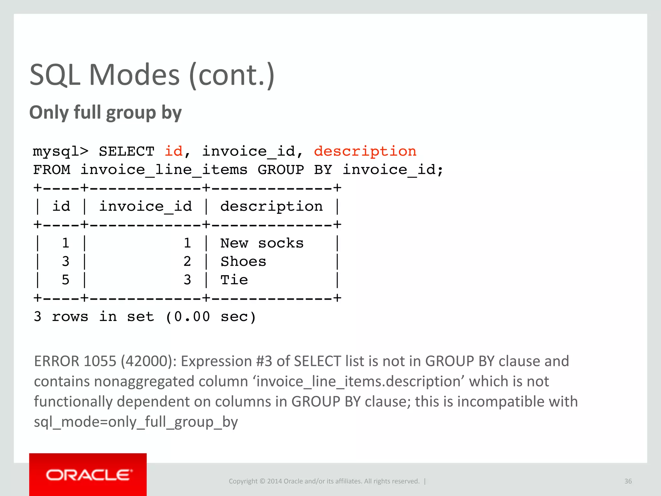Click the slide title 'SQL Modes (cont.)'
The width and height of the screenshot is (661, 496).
(x=152, y=75)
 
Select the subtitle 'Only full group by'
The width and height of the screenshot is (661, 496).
(x=105, y=113)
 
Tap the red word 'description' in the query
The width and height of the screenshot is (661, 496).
(x=365, y=151)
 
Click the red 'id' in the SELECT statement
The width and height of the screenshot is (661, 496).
(x=174, y=151)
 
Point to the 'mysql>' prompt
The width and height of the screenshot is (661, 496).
(x=60, y=151)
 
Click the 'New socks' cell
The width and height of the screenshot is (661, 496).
(x=262, y=243)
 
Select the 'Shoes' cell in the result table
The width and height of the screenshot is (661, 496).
(x=243, y=262)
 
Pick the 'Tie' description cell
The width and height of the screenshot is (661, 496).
(x=234, y=280)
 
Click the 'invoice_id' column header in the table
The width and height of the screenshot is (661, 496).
(x=145, y=206)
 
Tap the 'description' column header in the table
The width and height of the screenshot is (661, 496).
(x=271, y=206)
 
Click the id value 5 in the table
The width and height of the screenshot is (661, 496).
(x=66, y=280)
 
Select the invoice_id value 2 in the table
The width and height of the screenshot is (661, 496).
(x=187, y=262)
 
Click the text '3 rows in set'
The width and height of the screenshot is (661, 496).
(x=94, y=317)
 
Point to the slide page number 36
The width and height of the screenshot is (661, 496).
(x=628, y=481)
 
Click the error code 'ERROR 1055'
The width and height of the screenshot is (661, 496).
(x=75, y=361)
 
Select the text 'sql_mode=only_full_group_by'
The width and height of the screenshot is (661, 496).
(x=136, y=422)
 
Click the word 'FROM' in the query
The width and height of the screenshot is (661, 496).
(x=52, y=170)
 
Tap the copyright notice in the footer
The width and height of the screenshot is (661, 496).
(x=324, y=481)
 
